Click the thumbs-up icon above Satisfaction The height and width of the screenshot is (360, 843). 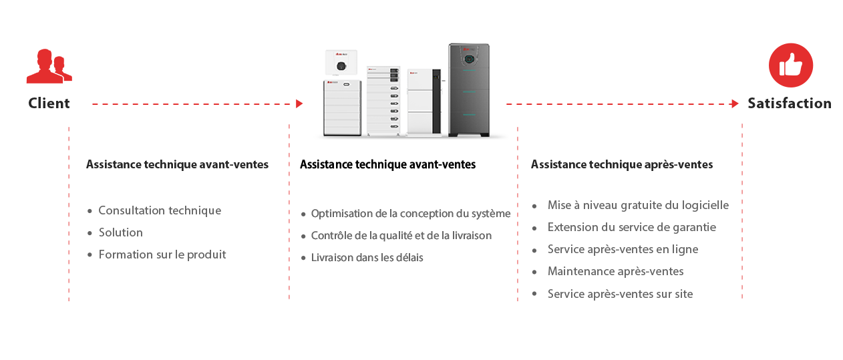point(790,65)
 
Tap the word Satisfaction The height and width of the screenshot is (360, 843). point(789,103)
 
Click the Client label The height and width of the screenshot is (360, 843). point(48,103)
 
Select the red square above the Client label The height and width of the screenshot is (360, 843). point(49,66)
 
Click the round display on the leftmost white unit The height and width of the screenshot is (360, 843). point(341,65)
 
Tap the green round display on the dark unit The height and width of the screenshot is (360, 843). point(470,58)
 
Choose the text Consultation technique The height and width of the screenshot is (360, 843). point(160,210)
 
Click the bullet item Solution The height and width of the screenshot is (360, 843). point(121,232)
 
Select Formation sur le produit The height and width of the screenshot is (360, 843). point(163,254)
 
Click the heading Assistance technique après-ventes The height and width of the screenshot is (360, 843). point(621,164)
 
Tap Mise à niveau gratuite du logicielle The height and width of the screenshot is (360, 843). point(638,205)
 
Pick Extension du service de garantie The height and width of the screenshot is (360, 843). point(632,227)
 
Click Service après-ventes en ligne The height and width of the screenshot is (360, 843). point(623,249)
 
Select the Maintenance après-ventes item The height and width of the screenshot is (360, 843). point(615,271)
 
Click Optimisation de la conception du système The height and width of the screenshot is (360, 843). point(411,214)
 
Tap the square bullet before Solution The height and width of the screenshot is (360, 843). point(90,233)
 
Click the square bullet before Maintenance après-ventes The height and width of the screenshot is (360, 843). point(534,272)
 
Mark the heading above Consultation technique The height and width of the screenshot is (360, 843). point(177,164)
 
